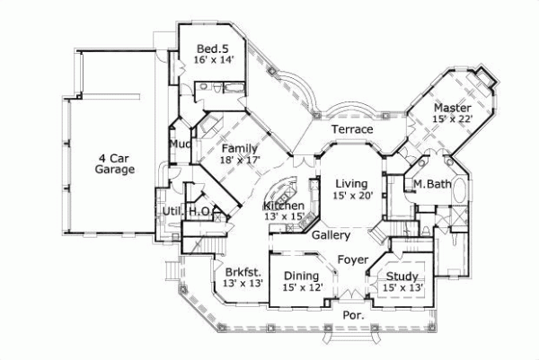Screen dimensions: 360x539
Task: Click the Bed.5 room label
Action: click(x=213, y=48)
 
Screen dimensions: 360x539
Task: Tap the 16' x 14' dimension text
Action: click(x=213, y=59)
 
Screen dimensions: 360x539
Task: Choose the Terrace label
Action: click(x=352, y=130)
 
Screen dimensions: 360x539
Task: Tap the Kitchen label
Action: click(x=283, y=206)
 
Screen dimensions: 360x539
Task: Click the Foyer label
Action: click(x=352, y=259)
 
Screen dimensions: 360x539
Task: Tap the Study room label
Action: click(x=402, y=276)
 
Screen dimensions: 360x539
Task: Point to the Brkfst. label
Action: click(x=243, y=271)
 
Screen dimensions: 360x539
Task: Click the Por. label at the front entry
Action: click(x=353, y=315)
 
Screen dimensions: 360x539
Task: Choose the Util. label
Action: click(x=173, y=211)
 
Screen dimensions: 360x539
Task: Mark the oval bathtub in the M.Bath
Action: click(x=460, y=191)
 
